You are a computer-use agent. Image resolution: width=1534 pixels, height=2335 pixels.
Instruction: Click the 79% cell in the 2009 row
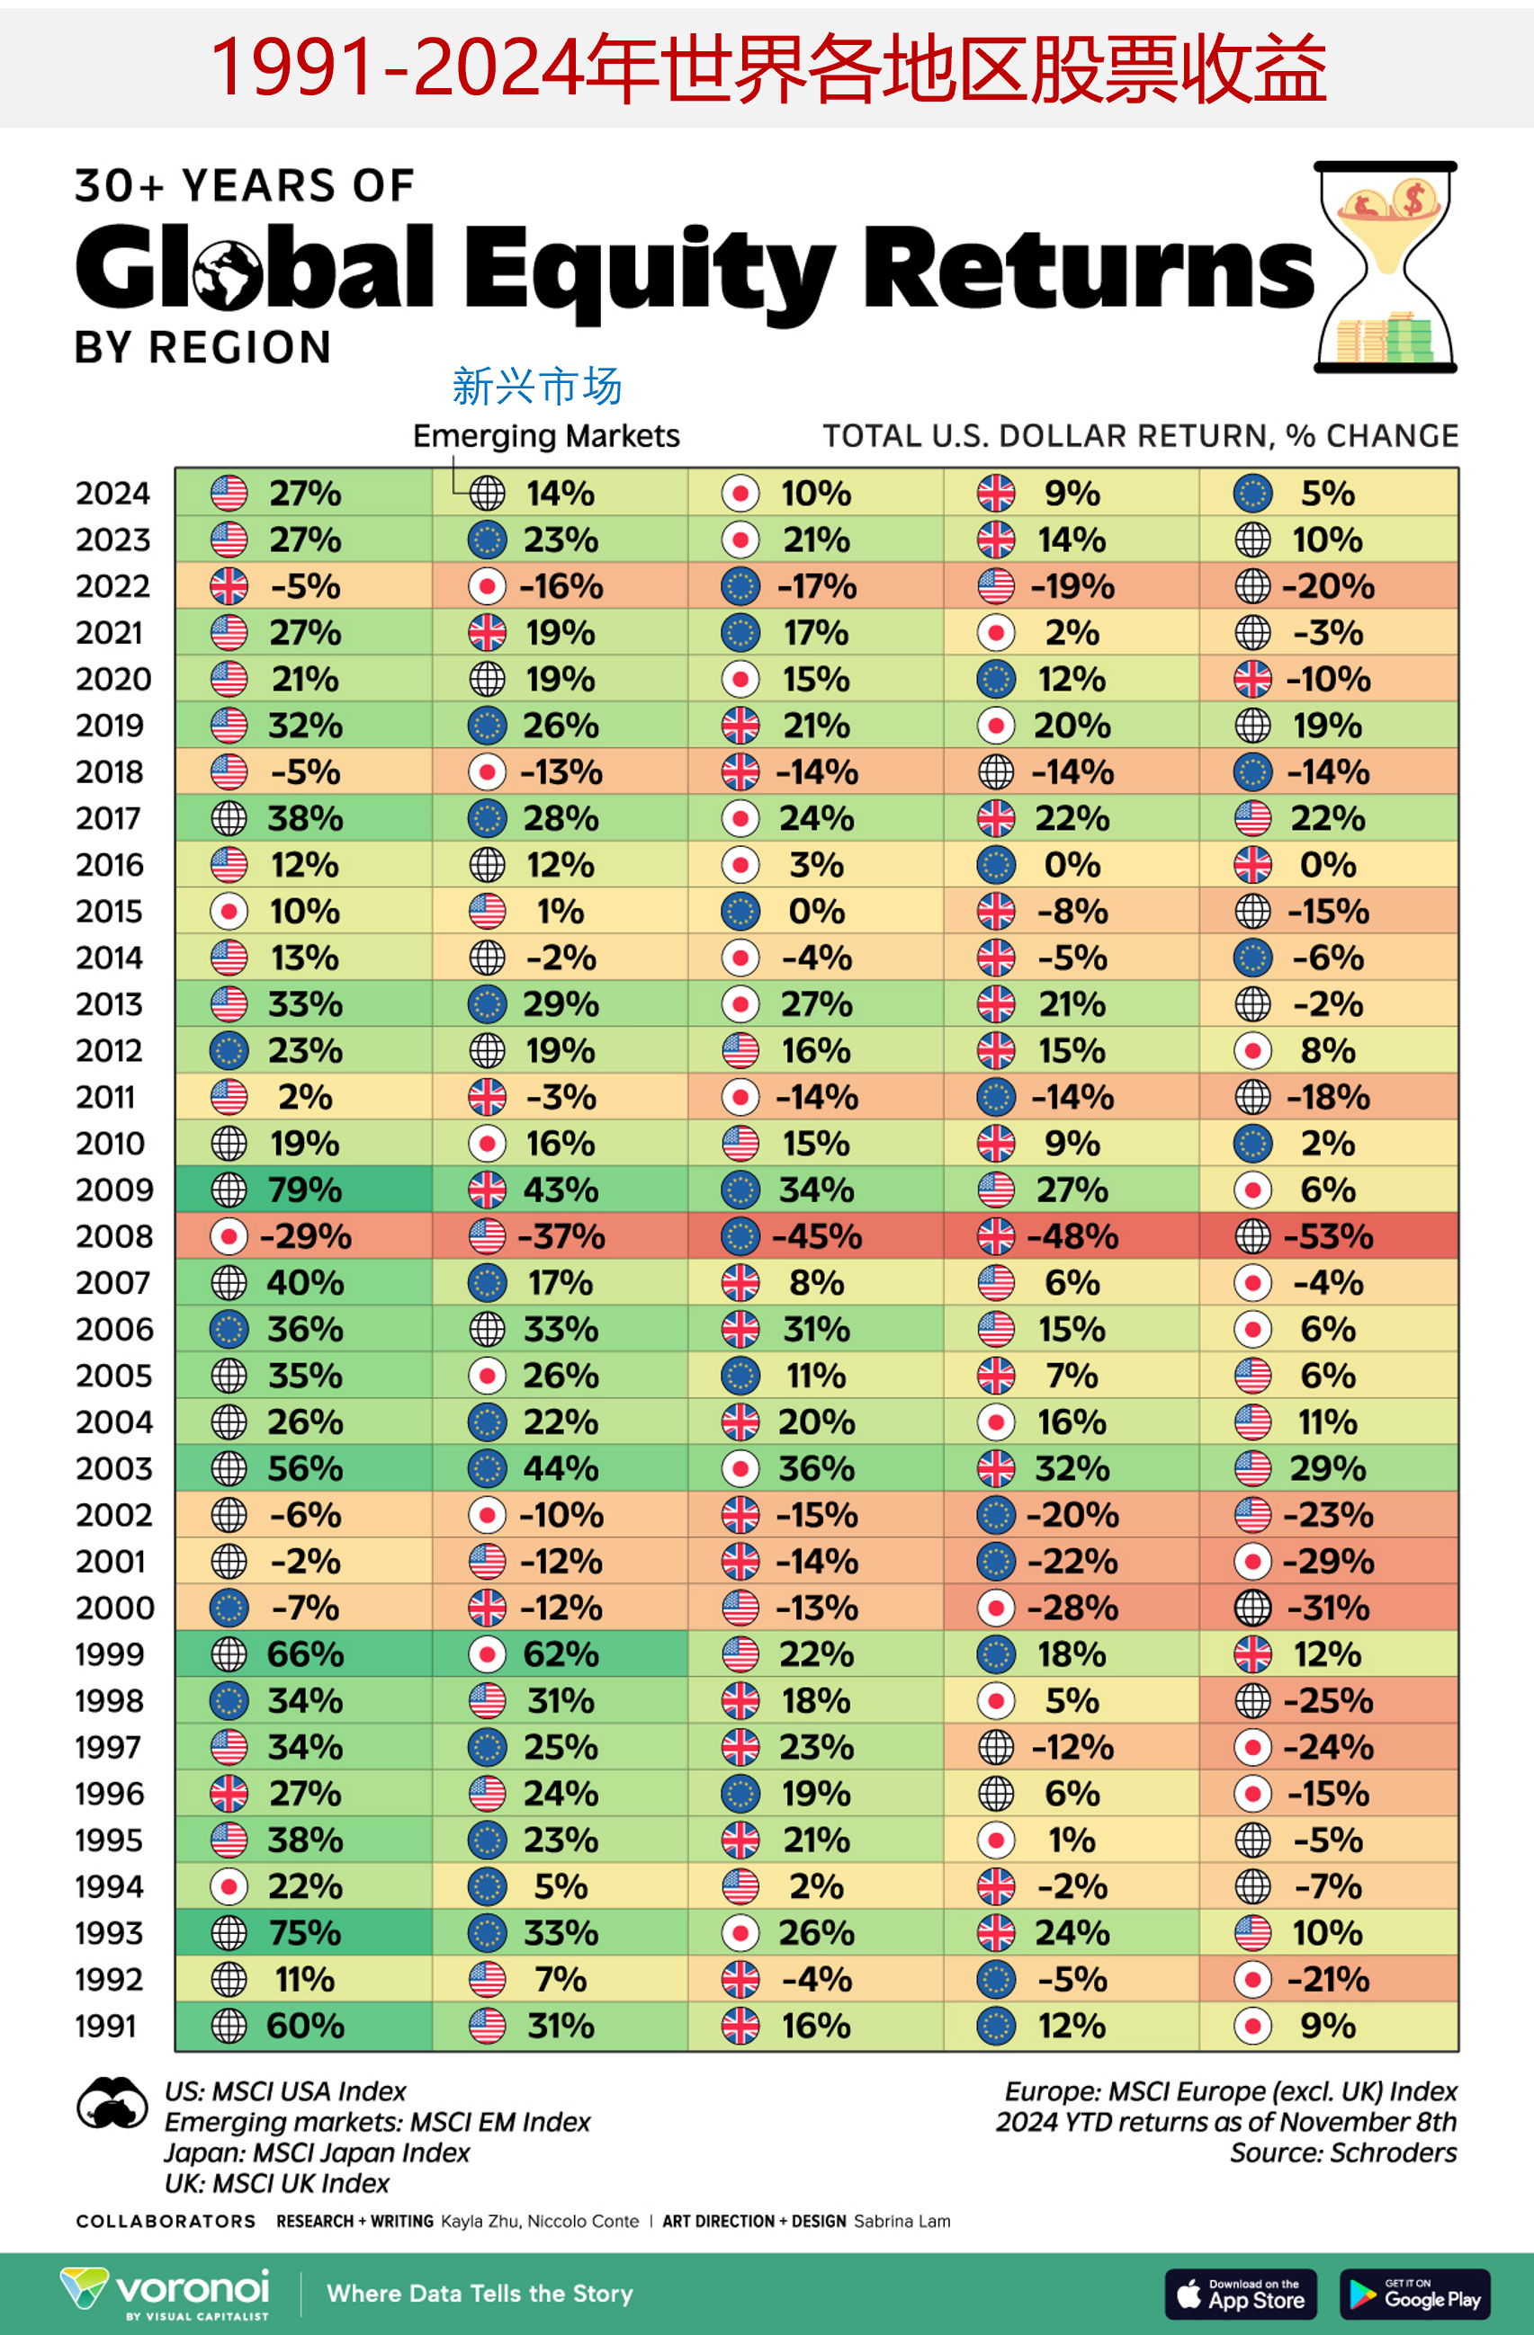coord(304,1190)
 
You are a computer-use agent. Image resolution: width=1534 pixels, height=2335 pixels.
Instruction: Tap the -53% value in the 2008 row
coord(1328,1236)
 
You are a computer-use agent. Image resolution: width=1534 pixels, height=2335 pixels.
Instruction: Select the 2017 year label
coord(112,818)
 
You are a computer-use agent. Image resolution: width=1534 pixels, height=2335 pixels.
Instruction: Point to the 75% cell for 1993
coord(304,1933)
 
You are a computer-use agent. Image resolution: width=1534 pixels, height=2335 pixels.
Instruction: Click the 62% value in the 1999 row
coord(560,1654)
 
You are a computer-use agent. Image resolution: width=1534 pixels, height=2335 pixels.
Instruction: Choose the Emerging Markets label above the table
coord(546,435)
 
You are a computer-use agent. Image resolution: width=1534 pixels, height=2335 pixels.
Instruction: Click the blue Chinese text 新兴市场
coord(537,387)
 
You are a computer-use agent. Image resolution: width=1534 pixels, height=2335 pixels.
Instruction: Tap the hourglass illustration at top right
coord(1385,267)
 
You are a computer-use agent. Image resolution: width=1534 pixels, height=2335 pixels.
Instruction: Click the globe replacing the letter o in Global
coord(228,275)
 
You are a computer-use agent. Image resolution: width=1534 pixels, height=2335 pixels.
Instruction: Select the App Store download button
coord(1241,2295)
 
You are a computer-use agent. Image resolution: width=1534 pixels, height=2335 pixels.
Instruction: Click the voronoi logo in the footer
coord(166,2293)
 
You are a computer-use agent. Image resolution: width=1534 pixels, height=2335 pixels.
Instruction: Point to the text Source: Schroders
coord(1342,2152)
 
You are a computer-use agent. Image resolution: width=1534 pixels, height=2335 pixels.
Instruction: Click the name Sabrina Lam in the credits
coord(901,2221)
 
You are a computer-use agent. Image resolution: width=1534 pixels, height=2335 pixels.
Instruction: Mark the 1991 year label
coord(105,2026)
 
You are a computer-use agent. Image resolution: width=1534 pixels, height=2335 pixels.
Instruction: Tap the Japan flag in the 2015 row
coord(229,912)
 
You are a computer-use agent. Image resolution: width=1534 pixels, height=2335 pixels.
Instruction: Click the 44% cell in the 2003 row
coord(560,1468)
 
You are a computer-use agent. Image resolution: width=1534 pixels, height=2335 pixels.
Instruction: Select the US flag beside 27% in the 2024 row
coord(229,493)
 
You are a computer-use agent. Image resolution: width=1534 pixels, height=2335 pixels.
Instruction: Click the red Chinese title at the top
coord(767,68)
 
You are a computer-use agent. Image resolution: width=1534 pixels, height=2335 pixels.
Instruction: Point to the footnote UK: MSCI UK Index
coord(276,2183)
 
